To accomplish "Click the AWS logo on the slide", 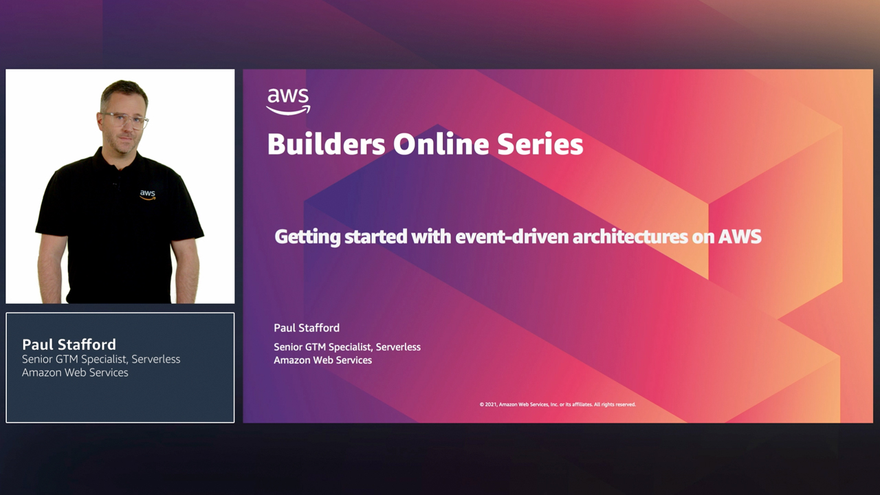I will coord(288,101).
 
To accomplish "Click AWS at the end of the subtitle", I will coord(740,236).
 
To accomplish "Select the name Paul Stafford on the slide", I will coord(307,328).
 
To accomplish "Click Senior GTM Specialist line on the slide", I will coord(347,347).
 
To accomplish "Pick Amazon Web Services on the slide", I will coord(322,360).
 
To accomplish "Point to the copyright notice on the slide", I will coord(558,404).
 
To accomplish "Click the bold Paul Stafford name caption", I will coord(69,344).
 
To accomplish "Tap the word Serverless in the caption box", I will coord(156,360).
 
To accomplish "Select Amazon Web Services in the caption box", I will coord(75,373).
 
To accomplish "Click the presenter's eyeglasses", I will coord(124,120).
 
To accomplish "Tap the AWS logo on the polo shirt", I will coord(148,195).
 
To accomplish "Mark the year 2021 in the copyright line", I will coord(491,404).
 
